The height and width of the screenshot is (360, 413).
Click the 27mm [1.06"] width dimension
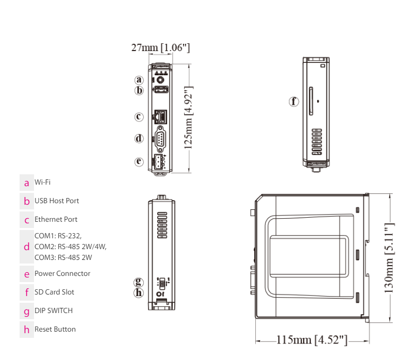pyautogui.click(x=160, y=47)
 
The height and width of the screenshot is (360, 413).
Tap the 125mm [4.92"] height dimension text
pyautogui.click(x=189, y=118)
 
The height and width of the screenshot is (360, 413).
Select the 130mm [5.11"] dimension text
pyautogui.click(x=389, y=258)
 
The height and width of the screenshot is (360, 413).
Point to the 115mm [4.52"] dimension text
pyautogui.click(x=312, y=340)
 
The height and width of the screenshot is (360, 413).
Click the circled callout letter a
pyautogui.click(x=139, y=79)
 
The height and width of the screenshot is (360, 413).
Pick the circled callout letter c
pyautogui.click(x=139, y=117)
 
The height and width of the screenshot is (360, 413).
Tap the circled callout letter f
pyautogui.click(x=294, y=102)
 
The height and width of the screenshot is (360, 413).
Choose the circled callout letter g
pyautogui.click(x=139, y=282)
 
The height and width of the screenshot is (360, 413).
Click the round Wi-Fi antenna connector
pyautogui.click(x=160, y=79)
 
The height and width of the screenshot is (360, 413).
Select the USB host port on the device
pyautogui.click(x=161, y=90)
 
